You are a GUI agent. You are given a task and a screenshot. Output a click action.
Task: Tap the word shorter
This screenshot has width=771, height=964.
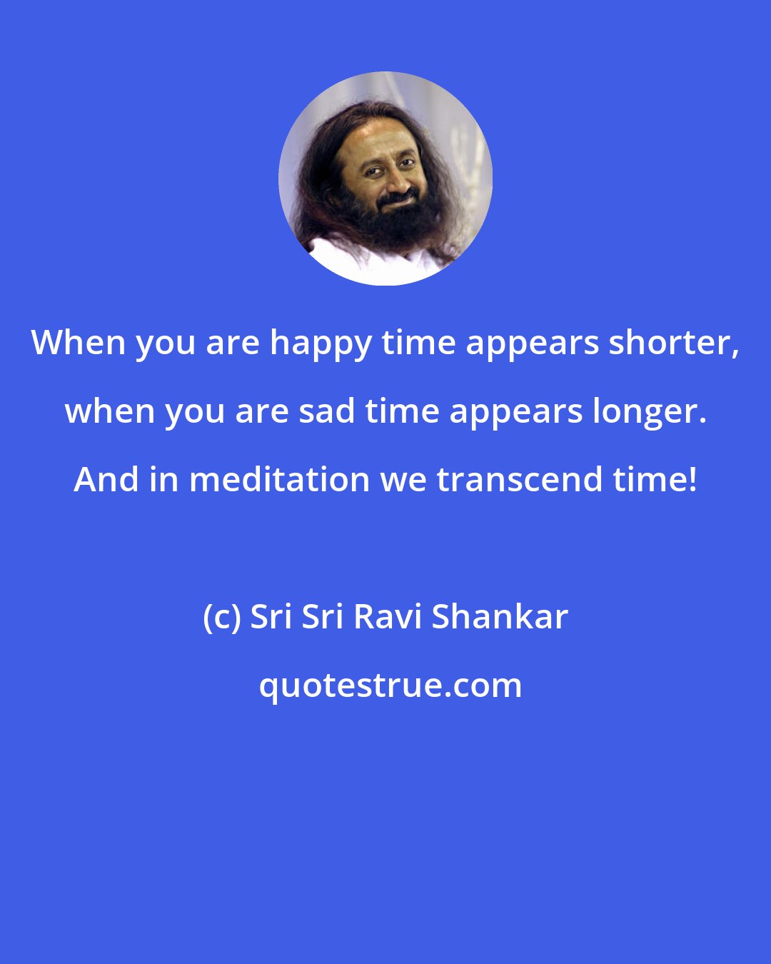coord(676,343)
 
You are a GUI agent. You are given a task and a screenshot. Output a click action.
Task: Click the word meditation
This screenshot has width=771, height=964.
coord(280,479)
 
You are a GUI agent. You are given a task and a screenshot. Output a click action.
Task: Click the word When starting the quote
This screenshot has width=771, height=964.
coord(79,343)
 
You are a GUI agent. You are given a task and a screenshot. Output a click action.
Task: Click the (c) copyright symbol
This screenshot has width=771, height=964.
coord(221,617)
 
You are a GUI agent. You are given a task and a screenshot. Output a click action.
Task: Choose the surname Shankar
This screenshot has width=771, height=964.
coord(500,617)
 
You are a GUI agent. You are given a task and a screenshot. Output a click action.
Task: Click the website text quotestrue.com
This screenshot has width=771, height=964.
coord(390,686)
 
